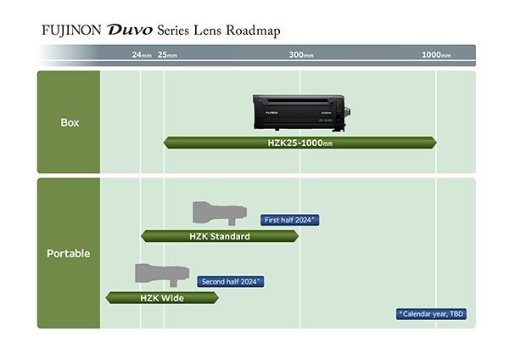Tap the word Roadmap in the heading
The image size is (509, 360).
(x=250, y=31)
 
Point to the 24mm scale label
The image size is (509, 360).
(x=142, y=55)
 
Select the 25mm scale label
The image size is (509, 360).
(x=167, y=55)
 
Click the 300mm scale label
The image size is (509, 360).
(x=301, y=55)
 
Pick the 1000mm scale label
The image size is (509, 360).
(x=437, y=55)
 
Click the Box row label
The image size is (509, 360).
(x=70, y=122)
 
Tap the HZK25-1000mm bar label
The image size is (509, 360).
(x=299, y=143)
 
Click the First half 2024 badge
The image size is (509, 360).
(x=289, y=219)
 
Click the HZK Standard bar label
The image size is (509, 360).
(x=220, y=236)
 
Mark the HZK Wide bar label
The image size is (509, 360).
(x=162, y=298)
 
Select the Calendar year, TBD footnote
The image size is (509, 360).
(x=432, y=314)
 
